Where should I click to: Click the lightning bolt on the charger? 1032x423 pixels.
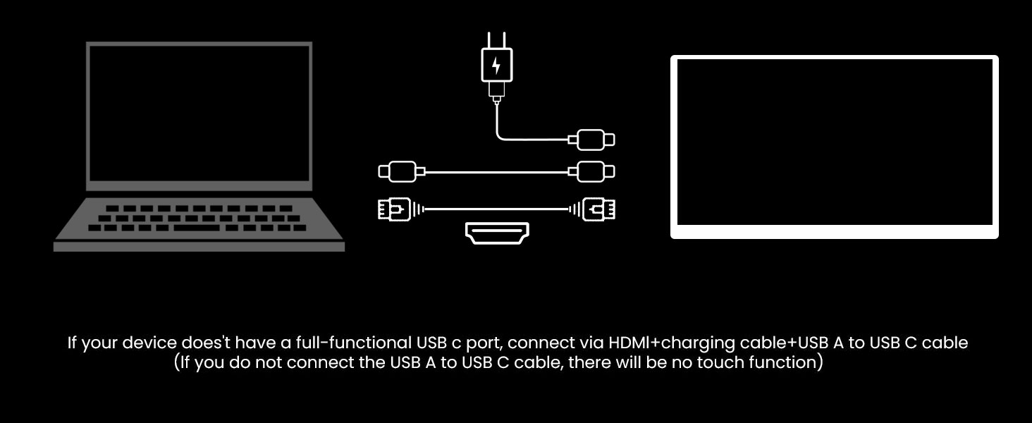point(496,66)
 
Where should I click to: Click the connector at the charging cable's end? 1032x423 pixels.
point(596,140)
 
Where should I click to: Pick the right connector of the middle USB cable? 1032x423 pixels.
point(596,171)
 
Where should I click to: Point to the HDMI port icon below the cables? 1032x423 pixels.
point(497,233)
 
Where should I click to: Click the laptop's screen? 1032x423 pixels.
point(199,116)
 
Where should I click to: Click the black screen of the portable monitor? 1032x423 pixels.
point(834,141)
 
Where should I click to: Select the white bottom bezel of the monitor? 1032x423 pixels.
point(834,231)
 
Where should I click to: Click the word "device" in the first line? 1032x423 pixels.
point(149,343)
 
